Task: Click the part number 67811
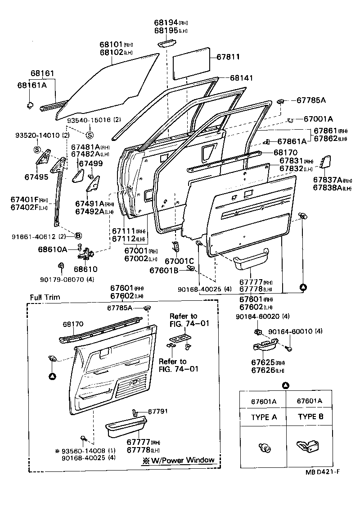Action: coord(228,57)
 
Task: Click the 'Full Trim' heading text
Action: coord(45,297)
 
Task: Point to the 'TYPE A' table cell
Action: coord(264,417)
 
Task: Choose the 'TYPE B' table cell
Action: coord(310,417)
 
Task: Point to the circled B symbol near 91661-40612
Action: coord(78,235)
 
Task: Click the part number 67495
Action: coord(36,177)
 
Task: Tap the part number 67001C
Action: coord(179,261)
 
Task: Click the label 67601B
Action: coord(164,270)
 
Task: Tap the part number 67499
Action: coord(91,163)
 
